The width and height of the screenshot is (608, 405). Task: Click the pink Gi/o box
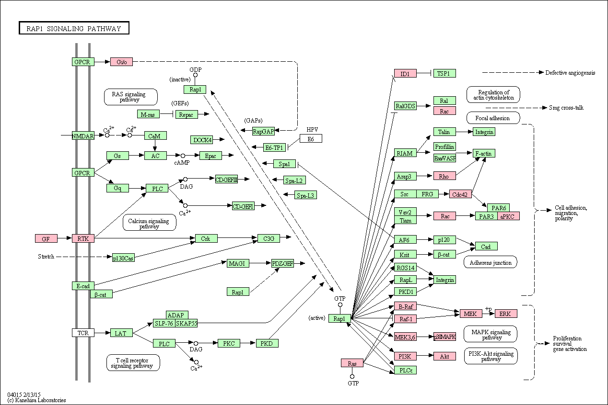pyautogui.click(x=122, y=62)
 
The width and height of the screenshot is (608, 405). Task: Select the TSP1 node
pyautogui.click(x=444, y=73)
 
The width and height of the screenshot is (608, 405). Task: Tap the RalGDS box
pyautogui.click(x=405, y=106)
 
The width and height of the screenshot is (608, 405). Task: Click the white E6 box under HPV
pyautogui.click(x=311, y=138)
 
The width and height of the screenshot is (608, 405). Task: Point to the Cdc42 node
pyautogui.click(x=460, y=194)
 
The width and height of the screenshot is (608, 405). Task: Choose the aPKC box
pyautogui.click(x=508, y=216)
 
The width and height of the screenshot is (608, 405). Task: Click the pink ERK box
pyautogui.click(x=506, y=314)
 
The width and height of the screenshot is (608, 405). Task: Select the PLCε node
pyautogui.click(x=405, y=370)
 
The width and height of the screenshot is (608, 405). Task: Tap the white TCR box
pyautogui.click(x=83, y=333)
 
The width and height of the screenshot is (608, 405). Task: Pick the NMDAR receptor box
pyautogui.click(x=83, y=136)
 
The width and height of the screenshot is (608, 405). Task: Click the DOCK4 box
pyautogui.click(x=201, y=139)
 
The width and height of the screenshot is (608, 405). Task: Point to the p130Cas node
pyautogui.click(x=124, y=258)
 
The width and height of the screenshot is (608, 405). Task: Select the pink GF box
pyautogui.click(x=46, y=239)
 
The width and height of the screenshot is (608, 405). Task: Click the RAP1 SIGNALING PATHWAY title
pyautogui.click(x=74, y=28)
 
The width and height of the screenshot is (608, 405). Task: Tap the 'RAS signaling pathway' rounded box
pyautogui.click(x=130, y=97)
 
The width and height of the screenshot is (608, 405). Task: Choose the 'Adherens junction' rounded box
pyautogui.click(x=490, y=262)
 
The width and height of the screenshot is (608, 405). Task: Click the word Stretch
pyautogui.click(x=46, y=256)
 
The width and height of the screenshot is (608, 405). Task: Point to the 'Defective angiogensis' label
pyautogui.click(x=570, y=73)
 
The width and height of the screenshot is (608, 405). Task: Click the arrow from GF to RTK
pyautogui.click(x=65, y=238)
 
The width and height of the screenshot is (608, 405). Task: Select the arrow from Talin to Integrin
pyautogui.click(x=465, y=132)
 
